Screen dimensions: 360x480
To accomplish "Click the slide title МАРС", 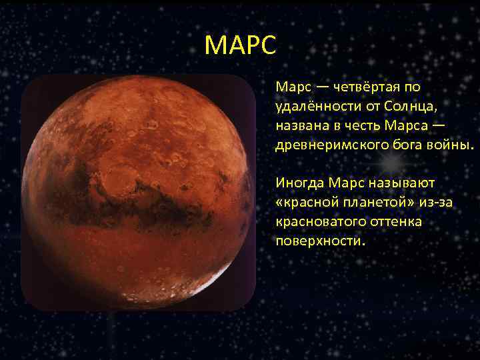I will (x=239, y=45).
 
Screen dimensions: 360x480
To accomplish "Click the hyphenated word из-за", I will (x=435, y=202).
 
